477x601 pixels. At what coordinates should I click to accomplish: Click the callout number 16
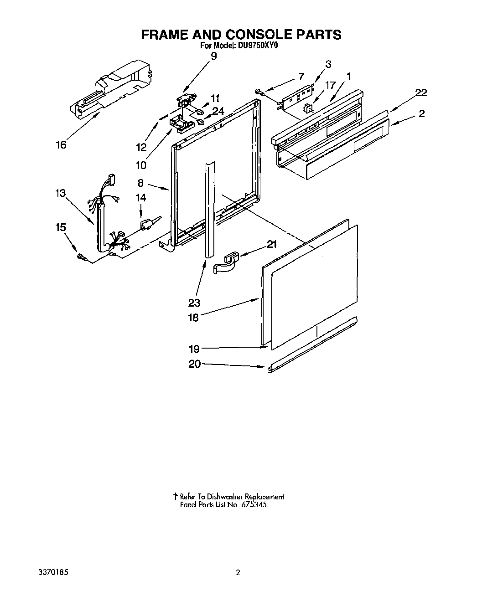(x=61, y=144)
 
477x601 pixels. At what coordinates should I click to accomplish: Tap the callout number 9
(x=214, y=56)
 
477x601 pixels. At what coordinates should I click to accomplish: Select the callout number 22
(x=421, y=92)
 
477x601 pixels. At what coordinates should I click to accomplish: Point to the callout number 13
(x=60, y=193)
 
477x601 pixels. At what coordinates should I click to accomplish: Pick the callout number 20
(x=194, y=365)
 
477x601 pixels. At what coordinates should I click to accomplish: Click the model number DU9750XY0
(x=259, y=46)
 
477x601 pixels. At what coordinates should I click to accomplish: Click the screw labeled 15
(x=83, y=258)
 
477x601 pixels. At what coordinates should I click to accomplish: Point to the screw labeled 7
(x=259, y=92)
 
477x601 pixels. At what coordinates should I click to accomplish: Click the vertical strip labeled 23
(x=209, y=210)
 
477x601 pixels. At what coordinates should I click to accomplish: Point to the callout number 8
(x=140, y=183)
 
